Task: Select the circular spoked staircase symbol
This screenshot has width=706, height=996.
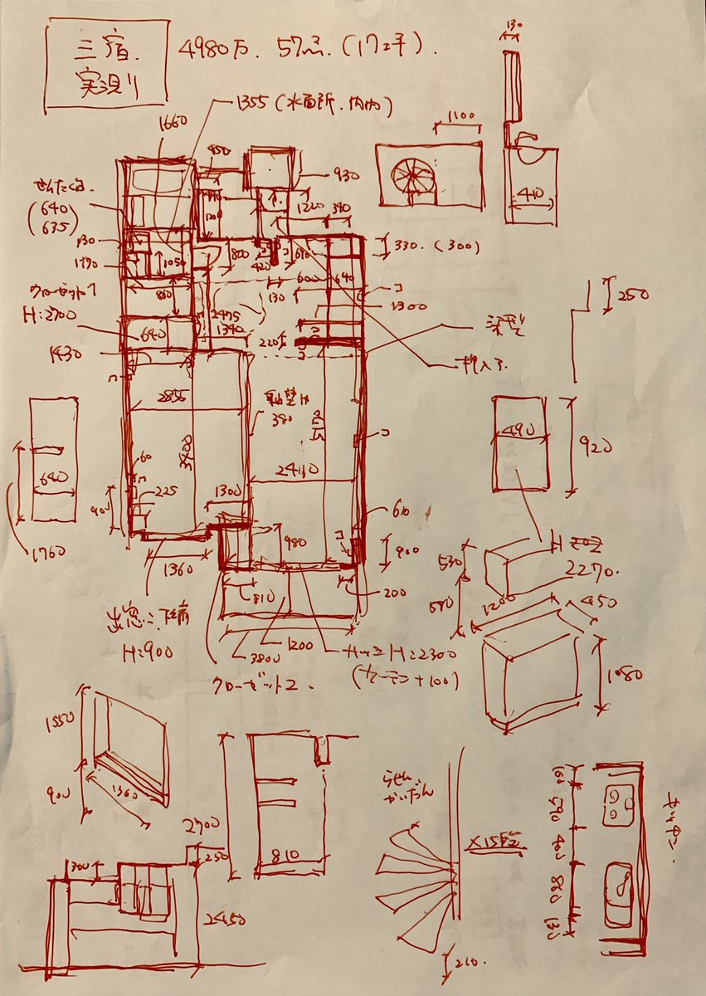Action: coord(413,176)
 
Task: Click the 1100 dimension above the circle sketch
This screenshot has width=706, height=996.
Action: coord(460,116)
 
